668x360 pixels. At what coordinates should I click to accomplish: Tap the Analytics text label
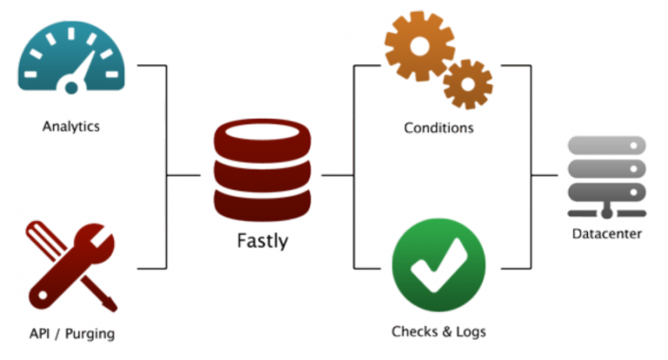(71, 127)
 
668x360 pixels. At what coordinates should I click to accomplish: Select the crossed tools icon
(71, 265)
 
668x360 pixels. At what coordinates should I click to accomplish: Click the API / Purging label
(71, 333)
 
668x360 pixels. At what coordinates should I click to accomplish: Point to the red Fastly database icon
(262, 170)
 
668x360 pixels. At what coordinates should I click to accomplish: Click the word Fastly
(262, 240)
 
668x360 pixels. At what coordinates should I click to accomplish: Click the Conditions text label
(438, 128)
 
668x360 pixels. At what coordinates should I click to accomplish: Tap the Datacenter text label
(606, 234)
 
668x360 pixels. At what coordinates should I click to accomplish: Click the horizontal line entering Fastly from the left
(183, 176)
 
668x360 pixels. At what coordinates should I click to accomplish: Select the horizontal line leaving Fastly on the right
(337, 176)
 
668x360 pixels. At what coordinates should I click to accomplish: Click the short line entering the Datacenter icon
(544, 176)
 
